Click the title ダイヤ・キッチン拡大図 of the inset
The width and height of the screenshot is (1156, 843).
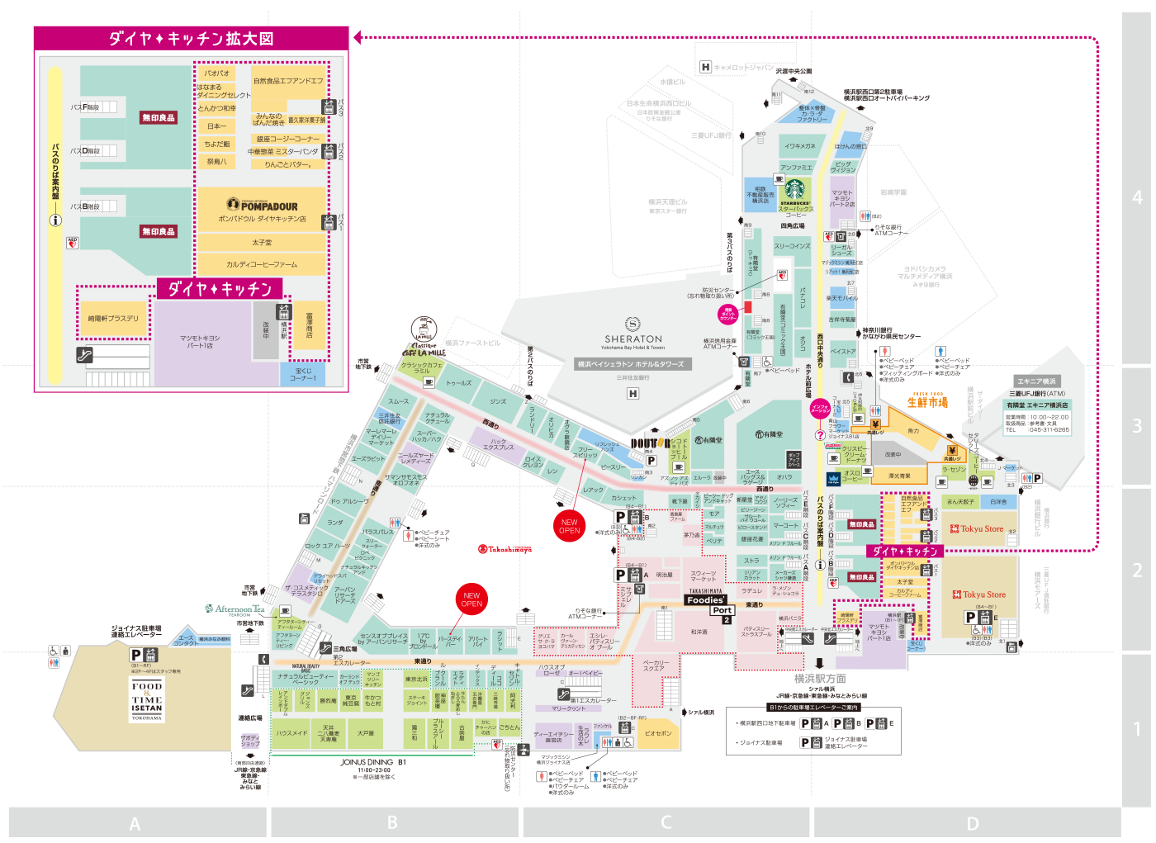point(191,38)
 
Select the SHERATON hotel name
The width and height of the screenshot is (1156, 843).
point(633,339)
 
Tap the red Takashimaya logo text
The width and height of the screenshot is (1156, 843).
point(505,549)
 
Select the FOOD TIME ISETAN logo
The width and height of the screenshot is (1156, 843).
point(147,699)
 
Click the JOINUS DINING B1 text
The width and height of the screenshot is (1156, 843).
point(373,762)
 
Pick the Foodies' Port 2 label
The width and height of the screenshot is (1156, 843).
point(709,605)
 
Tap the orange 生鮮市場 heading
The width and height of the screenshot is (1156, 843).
point(927,403)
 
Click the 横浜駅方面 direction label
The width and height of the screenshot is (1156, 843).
point(820,679)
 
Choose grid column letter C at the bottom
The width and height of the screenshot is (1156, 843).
point(666,822)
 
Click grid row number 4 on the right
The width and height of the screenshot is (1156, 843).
point(1137,197)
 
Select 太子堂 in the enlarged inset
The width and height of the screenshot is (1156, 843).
point(262,243)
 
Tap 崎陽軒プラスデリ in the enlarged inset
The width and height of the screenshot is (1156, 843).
point(114,318)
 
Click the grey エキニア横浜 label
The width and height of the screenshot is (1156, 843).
point(1036,381)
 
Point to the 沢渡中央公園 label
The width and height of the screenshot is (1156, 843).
point(794,72)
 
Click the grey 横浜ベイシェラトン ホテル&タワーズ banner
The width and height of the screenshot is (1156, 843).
point(632,364)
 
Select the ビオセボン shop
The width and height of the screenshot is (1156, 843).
point(658,733)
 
